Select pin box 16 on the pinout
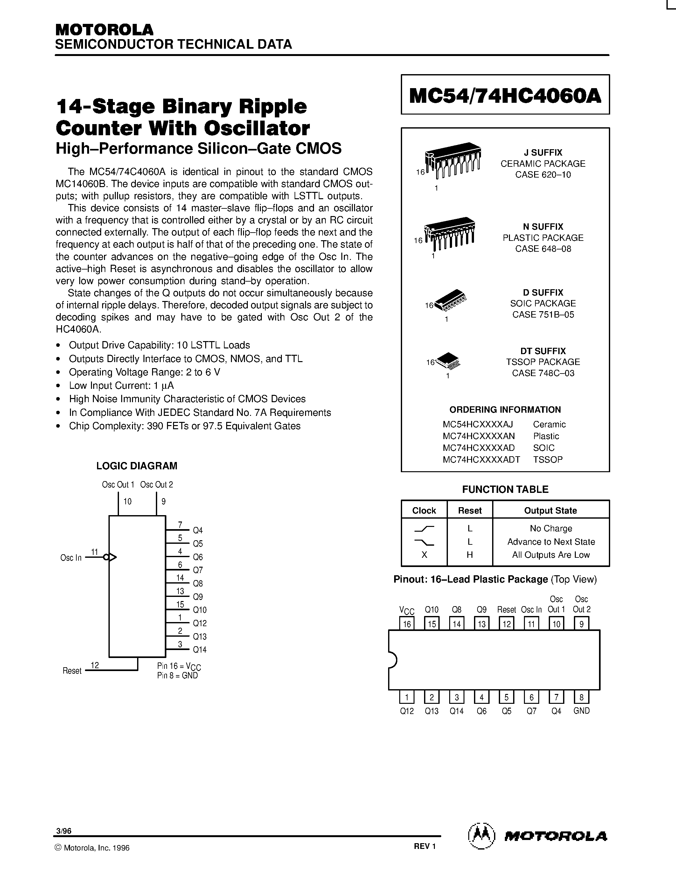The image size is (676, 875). click(x=407, y=624)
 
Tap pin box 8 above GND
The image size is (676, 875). click(x=581, y=697)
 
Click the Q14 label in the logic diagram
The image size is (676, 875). click(x=199, y=649)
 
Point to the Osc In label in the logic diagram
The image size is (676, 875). click(x=71, y=558)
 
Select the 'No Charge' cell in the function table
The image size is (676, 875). click(x=551, y=528)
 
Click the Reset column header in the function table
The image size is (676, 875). click(x=469, y=510)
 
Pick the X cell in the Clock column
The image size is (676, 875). click(x=424, y=555)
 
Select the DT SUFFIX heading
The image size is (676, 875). click(x=543, y=351)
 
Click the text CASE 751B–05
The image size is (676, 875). click(x=543, y=314)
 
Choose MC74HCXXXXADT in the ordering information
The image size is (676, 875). click(x=481, y=459)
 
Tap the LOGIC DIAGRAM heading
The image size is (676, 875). click(x=136, y=465)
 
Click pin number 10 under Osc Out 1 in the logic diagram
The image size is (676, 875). click(x=127, y=501)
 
